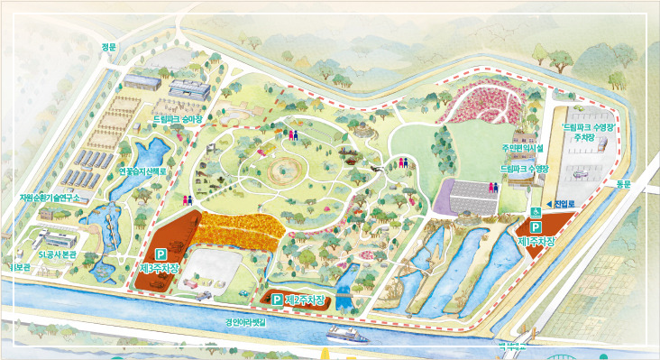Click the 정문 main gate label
109,47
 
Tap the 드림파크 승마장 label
178,117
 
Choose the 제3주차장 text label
161,268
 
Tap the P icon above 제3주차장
161,254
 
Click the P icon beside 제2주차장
276,298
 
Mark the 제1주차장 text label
536,242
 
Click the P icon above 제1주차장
536,228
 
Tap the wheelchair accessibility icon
536,211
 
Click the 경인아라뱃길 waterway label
246,320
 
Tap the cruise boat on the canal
347,333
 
